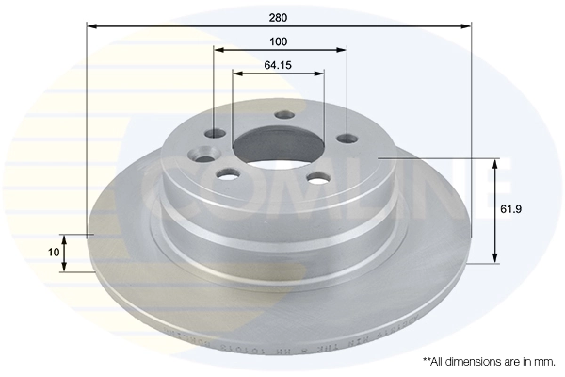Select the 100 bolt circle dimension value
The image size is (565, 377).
point(278,41)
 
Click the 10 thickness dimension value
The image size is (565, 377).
point(54,253)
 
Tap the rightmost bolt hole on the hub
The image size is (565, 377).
point(347,139)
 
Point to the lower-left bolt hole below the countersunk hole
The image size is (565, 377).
point(229,174)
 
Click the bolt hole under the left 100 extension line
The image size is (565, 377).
point(215,133)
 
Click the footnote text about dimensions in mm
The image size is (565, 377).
point(490,361)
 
